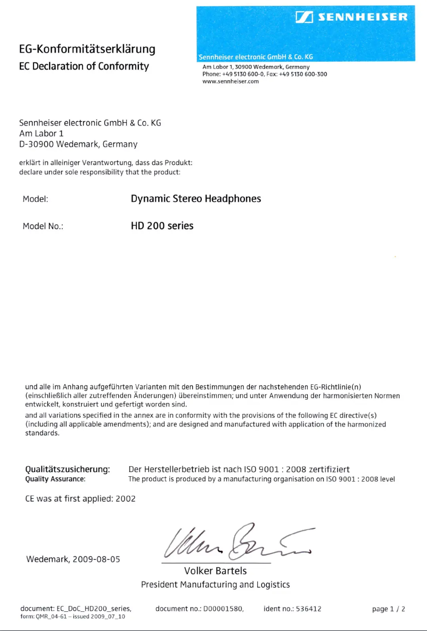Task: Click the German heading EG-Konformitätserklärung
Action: pos(87,49)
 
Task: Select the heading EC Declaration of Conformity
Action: pos(84,66)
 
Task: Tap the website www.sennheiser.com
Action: pos(231,81)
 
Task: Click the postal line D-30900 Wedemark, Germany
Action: pos(78,144)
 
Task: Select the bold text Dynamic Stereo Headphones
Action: pos(196,199)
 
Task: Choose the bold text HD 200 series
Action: pos(162,226)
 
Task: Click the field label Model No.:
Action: pos(43,226)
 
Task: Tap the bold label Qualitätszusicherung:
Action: pos(68,469)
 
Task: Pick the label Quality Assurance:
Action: pos(55,479)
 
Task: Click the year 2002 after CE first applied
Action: pos(126,499)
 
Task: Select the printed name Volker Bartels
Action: pos(215,571)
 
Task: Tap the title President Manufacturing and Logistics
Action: pos(215,585)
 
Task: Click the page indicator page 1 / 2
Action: pos(389,609)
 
